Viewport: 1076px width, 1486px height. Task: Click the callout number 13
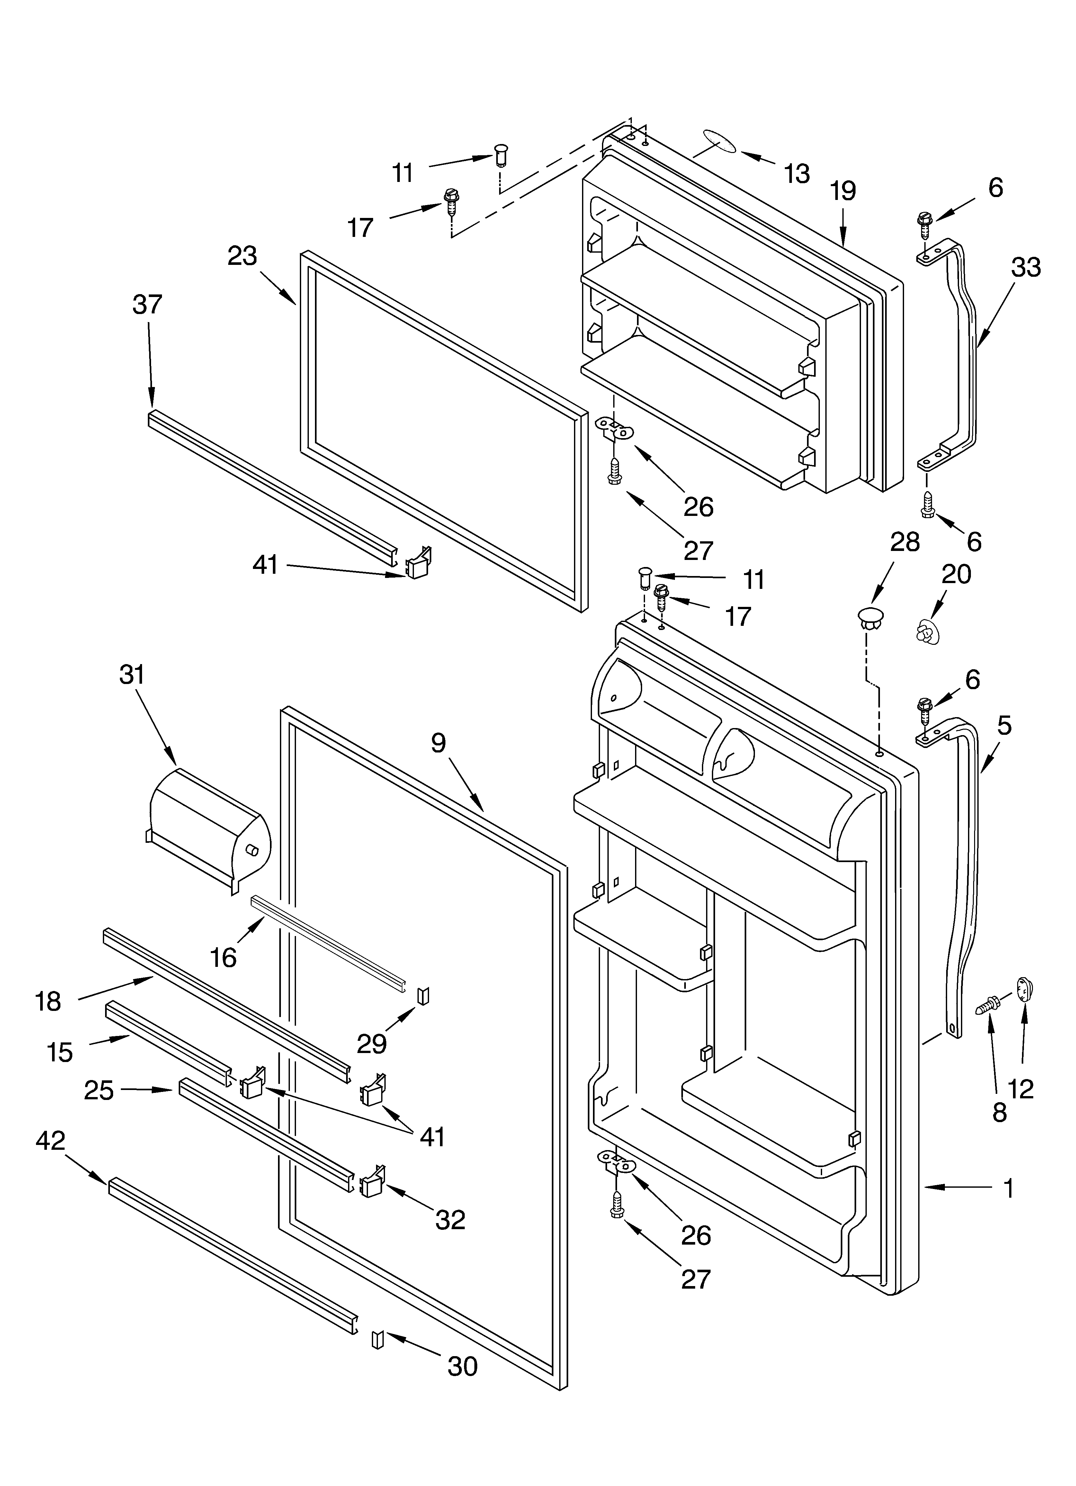coord(797,174)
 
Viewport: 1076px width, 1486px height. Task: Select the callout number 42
coord(50,1141)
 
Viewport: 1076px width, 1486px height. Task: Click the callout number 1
coord(1009,1186)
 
